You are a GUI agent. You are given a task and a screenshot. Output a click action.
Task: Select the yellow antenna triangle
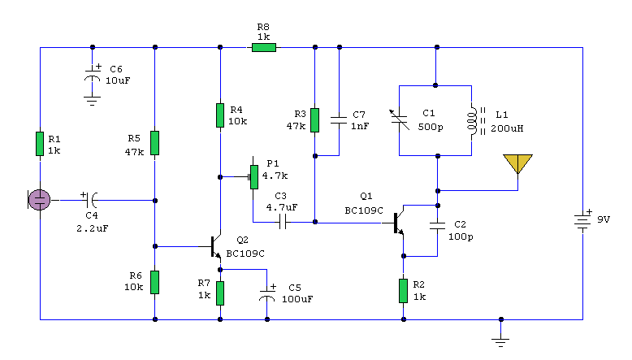(x=517, y=164)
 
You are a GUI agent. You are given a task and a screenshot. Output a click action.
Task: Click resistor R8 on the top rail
(x=263, y=48)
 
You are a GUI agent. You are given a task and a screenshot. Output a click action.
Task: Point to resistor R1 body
(x=39, y=144)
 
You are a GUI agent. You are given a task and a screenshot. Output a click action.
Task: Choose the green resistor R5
(x=154, y=143)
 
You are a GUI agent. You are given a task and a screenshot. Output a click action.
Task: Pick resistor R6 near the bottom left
(x=154, y=281)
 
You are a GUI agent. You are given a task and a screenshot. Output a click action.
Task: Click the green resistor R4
(x=219, y=115)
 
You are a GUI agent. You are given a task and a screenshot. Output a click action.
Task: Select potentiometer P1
(x=253, y=175)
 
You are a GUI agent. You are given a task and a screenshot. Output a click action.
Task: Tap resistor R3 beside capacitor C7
(x=315, y=120)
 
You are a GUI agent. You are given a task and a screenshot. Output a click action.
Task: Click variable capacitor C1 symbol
(x=398, y=119)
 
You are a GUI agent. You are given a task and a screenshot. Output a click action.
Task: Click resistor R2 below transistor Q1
(x=403, y=289)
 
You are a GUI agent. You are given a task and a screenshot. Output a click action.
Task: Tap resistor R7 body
(x=219, y=290)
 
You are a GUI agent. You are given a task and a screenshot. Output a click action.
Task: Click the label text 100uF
(x=297, y=299)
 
